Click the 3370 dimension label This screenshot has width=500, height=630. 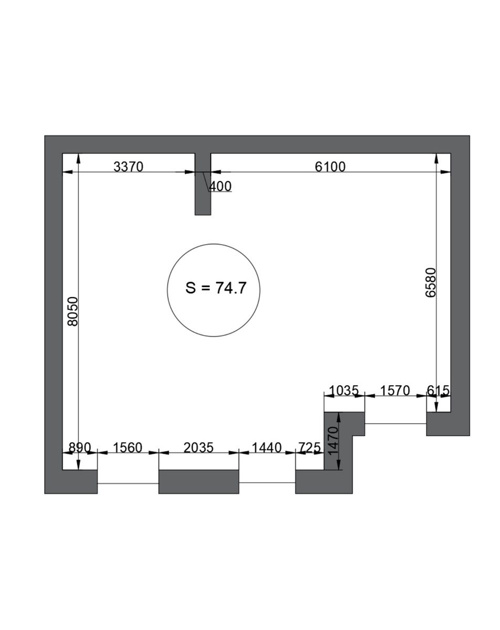[128, 167]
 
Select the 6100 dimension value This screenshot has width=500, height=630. [330, 167]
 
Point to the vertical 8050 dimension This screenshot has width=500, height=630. [72, 311]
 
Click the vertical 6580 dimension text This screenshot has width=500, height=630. [431, 282]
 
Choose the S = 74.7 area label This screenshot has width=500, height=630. [216, 288]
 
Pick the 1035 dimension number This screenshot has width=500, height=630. [344, 391]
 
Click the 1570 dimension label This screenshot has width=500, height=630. [395, 391]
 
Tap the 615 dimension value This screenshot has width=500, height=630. [438, 391]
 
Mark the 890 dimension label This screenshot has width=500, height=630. [80, 448]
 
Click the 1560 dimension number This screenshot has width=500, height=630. [128, 448]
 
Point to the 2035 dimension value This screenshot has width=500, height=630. [199, 448]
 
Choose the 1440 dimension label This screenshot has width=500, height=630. [267, 448]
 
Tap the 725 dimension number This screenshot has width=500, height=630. [309, 448]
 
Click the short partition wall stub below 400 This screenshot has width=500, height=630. [203, 184]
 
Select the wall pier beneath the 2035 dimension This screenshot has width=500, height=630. [199, 481]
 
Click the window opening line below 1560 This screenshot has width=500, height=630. [128, 484]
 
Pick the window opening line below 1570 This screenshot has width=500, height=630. [395, 424]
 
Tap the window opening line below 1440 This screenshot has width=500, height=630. [267, 482]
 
